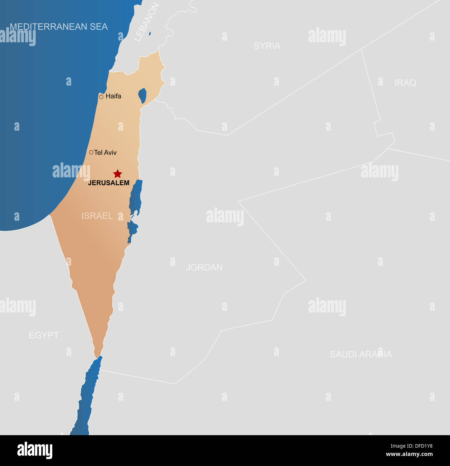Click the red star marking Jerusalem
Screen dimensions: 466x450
tap(118, 174)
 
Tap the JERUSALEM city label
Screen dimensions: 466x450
tap(109, 183)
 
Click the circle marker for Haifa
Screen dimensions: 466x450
tap(101, 97)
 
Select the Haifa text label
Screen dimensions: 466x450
tap(113, 96)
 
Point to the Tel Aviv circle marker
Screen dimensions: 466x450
tap(91, 152)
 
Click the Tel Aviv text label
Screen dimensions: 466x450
tap(106, 152)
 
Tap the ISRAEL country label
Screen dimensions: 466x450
tap(97, 216)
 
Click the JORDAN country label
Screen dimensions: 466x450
tap(204, 267)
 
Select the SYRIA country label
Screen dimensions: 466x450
tap(267, 46)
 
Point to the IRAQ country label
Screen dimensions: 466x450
tap(405, 83)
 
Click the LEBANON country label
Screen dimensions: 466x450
tap(146, 23)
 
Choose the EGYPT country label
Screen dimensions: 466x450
tap(44, 335)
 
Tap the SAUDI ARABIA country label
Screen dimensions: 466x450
tap(361, 354)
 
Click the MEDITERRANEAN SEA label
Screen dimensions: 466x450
tap(58, 27)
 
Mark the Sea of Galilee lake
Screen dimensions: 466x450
tap(142, 95)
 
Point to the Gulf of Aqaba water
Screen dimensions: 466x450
tap(87, 398)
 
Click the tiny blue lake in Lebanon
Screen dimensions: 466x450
tap(150, 34)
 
